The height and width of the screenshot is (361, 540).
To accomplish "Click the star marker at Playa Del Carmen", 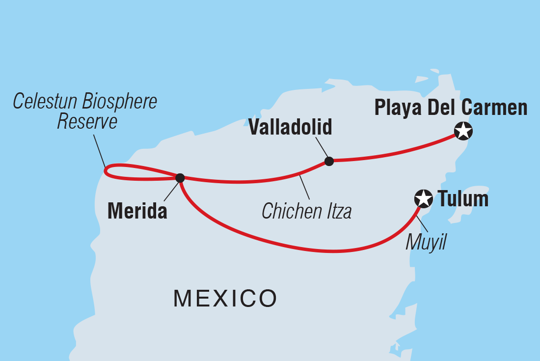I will pyautogui.click(x=463, y=131).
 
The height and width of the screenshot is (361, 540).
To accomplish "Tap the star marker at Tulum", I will pyautogui.click(x=423, y=199).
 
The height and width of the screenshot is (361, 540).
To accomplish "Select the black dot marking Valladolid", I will pyautogui.click(x=329, y=161).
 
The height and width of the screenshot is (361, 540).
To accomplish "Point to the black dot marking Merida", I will pyautogui.click(x=180, y=177).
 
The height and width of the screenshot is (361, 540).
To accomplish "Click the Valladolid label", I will pyautogui.click(x=290, y=127).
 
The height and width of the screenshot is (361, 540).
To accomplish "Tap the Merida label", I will pyautogui.click(x=137, y=211).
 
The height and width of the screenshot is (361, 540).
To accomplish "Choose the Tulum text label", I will pyautogui.click(x=463, y=199).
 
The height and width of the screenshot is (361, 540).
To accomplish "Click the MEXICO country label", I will pyautogui.click(x=225, y=298).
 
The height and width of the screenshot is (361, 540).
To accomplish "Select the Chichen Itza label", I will pyautogui.click(x=306, y=212).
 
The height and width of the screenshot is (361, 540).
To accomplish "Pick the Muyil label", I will pyautogui.click(x=426, y=242).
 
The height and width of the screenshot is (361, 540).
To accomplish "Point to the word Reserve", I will pyautogui.click(x=87, y=122).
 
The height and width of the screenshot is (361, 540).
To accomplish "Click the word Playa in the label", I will pyautogui.click(x=398, y=108).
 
